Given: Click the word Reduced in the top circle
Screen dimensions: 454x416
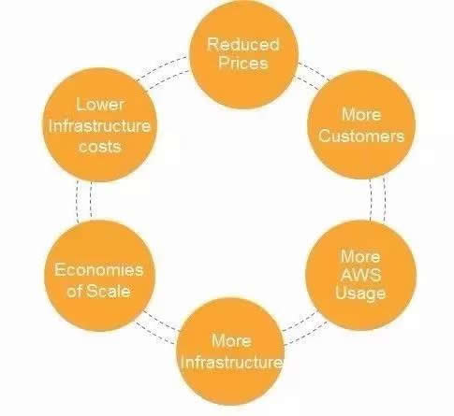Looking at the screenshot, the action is [x=243, y=45].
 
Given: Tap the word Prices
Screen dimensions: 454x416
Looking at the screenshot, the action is [x=243, y=63].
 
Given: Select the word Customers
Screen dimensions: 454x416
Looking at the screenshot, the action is [x=361, y=136].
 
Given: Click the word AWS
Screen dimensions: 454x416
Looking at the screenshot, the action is [x=360, y=275].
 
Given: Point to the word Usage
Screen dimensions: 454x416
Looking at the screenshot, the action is [x=360, y=294].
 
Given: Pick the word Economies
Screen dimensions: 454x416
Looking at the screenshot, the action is [x=99, y=270].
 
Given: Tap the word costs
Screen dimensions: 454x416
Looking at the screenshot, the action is [x=100, y=147].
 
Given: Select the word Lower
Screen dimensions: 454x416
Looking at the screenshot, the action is [x=100, y=104].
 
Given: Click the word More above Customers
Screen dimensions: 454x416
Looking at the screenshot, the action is [x=361, y=114].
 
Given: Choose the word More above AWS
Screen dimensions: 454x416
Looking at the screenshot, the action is [x=360, y=256].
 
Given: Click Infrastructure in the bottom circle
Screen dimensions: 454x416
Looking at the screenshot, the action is [x=231, y=362].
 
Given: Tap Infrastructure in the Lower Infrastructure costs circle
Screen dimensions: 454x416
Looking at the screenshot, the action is [x=99, y=126].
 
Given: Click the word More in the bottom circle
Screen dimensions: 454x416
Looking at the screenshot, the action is [x=231, y=340].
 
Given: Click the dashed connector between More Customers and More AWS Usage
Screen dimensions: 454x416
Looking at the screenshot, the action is [x=377, y=199].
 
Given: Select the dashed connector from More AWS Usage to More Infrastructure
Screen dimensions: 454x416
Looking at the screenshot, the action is [x=304, y=327].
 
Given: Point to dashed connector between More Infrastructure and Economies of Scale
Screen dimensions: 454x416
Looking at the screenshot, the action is [x=157, y=325].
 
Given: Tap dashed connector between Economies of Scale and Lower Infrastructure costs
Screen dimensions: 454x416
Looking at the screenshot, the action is [x=83, y=201].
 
